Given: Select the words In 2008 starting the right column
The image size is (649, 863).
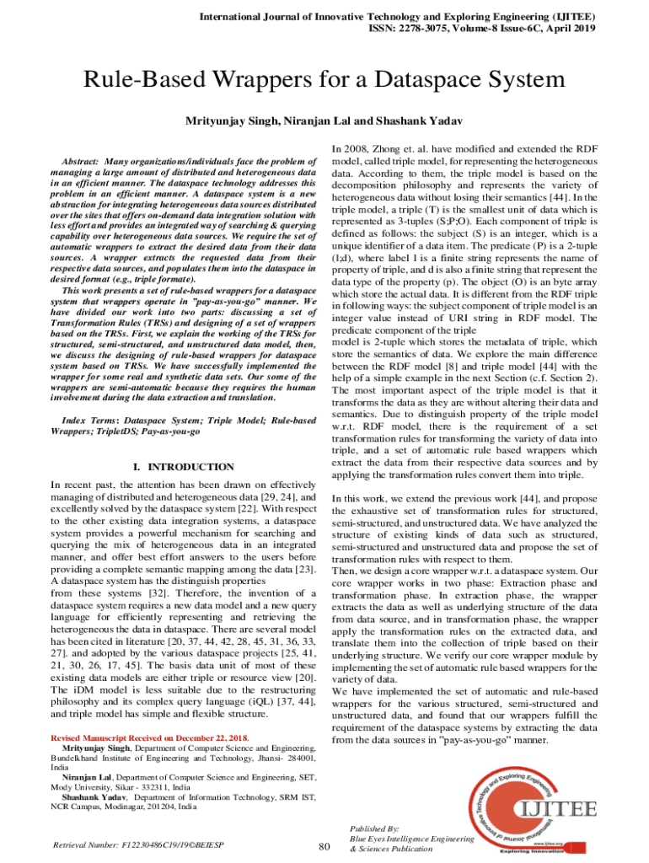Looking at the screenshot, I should (x=351, y=146).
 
